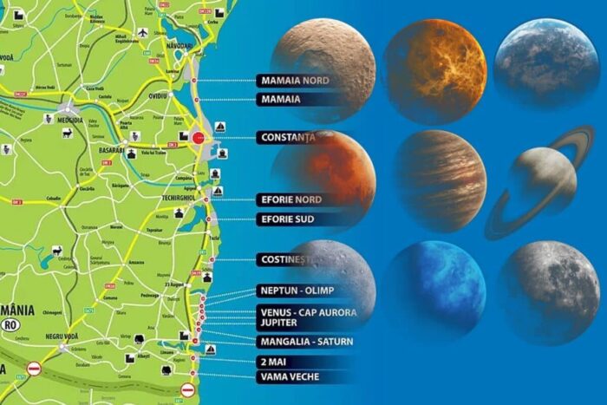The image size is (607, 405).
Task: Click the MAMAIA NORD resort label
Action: tap(297, 81)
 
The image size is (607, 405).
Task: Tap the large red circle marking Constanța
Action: tap(199, 137)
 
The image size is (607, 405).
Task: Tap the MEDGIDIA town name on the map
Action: tap(69, 120)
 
